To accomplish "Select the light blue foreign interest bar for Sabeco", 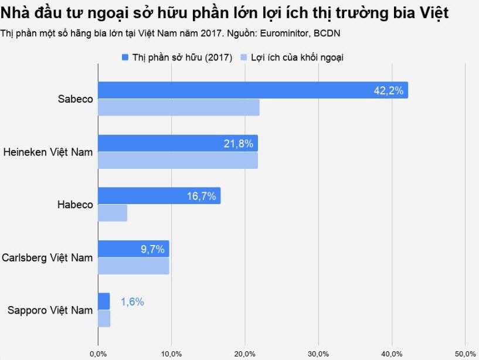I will [x=178, y=107].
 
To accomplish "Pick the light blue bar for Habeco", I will [x=112, y=213].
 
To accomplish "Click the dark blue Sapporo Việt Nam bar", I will [x=103, y=301].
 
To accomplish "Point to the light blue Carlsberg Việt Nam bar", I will [x=133, y=266].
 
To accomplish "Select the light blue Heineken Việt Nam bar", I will [x=178, y=160].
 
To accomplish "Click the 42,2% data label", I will [x=389, y=90].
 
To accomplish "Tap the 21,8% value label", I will [x=239, y=143].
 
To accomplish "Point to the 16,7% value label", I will [x=202, y=196].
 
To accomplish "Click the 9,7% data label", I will [x=152, y=249].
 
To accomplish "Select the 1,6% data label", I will [x=132, y=302].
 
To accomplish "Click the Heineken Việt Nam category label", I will [x=48, y=152].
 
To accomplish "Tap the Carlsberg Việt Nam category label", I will [x=47, y=257].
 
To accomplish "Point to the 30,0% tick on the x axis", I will [x=318, y=354].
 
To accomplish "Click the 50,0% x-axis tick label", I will [x=465, y=354].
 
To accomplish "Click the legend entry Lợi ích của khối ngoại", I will [x=297, y=57].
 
